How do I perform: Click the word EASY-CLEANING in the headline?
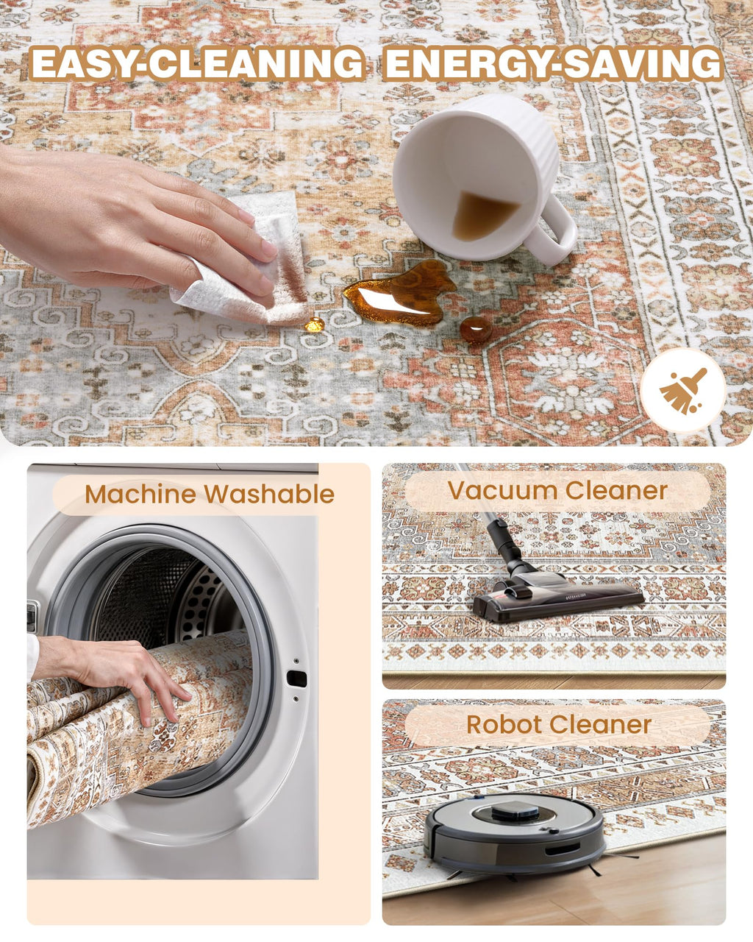tap(197, 63)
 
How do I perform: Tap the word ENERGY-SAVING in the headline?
tap(554, 63)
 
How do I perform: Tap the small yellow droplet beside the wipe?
tap(315, 325)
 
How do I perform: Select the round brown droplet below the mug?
tap(476, 329)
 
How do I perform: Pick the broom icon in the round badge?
tap(682, 391)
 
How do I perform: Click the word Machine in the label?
tap(140, 495)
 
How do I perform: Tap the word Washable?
tap(269, 495)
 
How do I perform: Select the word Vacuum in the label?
tap(502, 490)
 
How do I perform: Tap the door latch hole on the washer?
tap(296, 679)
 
